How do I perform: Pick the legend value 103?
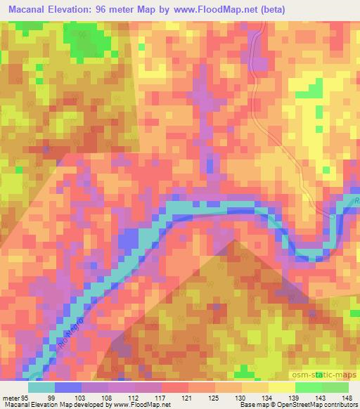click(81, 396)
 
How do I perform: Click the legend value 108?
click(108, 396)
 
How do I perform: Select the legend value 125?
click(214, 396)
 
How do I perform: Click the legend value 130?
click(241, 396)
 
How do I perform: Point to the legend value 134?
click(268, 396)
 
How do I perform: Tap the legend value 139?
click(295, 396)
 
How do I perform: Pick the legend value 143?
click(321, 396)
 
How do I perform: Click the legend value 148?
click(347, 396)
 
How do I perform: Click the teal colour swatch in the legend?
click(41, 387)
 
